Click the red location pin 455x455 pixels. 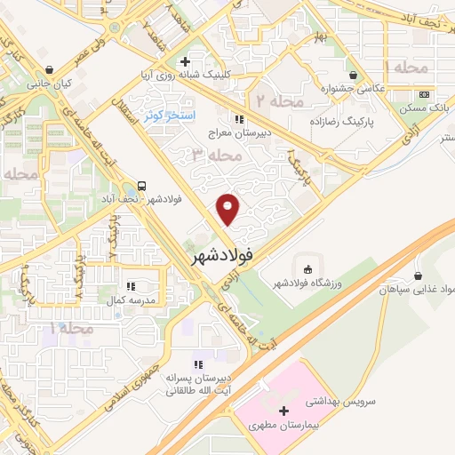pyautogui.click(x=229, y=209)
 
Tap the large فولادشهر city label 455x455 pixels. pyautogui.click(x=222, y=255)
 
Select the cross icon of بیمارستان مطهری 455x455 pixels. pyautogui.click(x=283, y=411)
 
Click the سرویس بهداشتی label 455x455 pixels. pyautogui.click(x=343, y=401)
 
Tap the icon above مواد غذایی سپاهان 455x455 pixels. pyautogui.click(x=417, y=275)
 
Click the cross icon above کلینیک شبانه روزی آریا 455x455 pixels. pyautogui.click(x=184, y=61)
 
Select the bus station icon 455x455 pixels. pyautogui.click(x=142, y=186)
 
